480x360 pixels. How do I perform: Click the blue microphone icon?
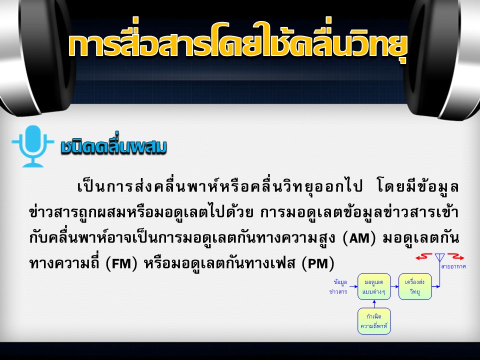point(33,146)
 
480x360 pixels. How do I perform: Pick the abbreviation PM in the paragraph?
point(318,263)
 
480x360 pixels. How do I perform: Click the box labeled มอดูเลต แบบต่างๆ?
point(374,286)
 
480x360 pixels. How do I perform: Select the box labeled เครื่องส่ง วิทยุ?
point(415,286)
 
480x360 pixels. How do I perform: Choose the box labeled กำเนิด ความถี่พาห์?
point(374,321)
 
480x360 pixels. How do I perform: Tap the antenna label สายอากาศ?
point(453,266)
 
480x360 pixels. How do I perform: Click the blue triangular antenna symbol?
point(440,257)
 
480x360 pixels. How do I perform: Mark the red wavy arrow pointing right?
point(456,256)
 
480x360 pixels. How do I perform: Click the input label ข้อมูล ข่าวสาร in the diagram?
point(339,286)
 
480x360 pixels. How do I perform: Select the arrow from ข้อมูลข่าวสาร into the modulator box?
point(353,286)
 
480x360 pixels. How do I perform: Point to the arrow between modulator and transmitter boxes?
point(394,286)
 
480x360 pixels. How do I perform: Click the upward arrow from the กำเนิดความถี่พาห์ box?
point(374,304)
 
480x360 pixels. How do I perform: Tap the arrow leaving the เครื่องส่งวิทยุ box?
point(436,286)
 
